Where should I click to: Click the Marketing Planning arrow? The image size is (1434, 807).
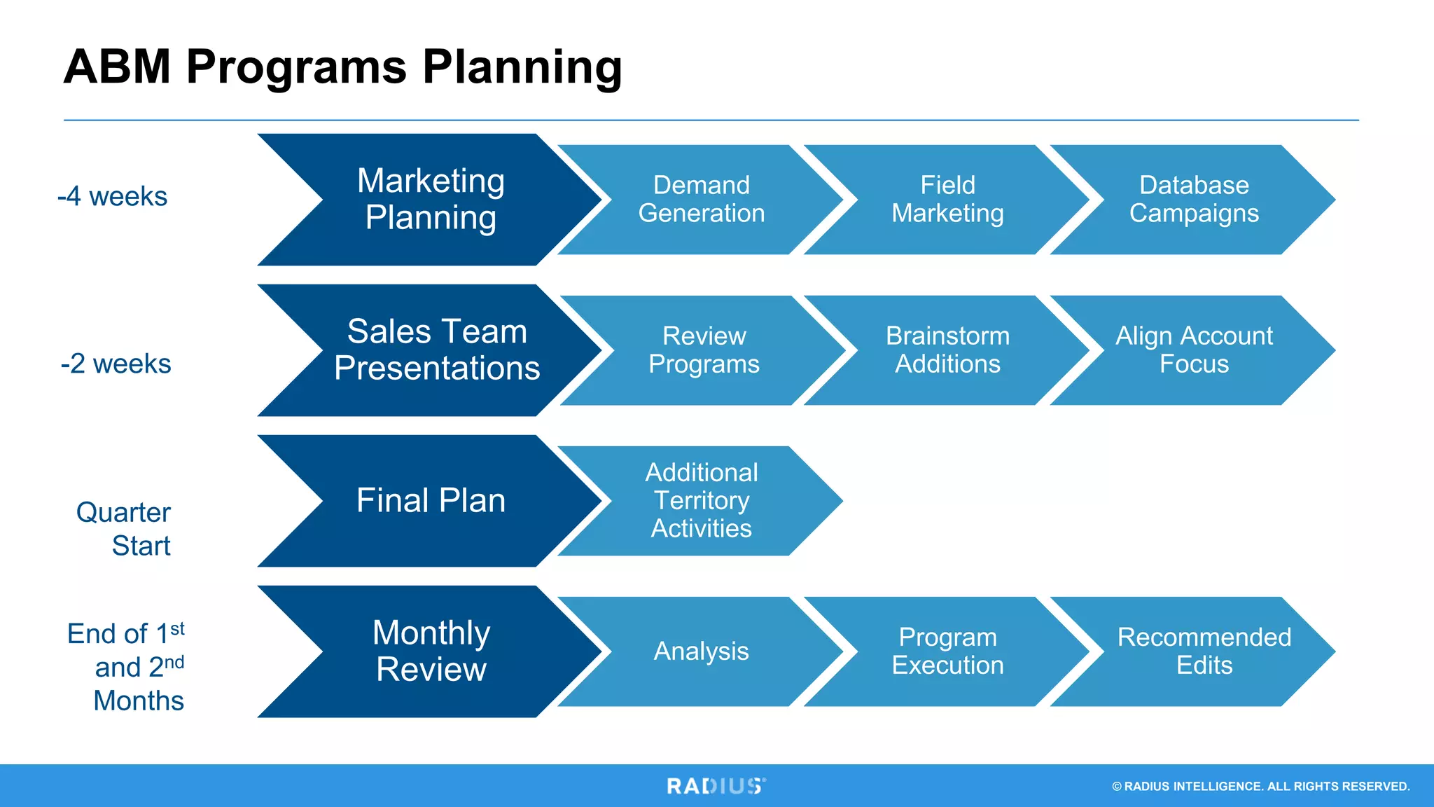431,200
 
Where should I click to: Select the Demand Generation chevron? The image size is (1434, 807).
702,200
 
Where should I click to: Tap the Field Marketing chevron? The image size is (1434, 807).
947,200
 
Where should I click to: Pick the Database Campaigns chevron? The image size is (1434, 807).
1194,200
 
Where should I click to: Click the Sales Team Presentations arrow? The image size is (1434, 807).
437,350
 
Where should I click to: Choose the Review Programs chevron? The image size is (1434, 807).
704,350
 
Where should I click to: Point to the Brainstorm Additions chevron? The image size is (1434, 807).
947,350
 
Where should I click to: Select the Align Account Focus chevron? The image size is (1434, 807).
1194,350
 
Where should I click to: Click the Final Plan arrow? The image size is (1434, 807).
431,501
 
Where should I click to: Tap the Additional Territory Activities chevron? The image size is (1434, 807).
702,501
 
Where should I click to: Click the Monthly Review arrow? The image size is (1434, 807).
431,651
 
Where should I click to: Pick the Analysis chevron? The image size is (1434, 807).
702,651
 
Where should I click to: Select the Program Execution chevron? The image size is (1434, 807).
947,651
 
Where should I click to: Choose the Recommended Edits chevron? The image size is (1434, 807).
1203,651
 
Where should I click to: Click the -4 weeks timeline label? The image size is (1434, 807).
113,197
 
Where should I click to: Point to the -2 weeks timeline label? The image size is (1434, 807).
116,364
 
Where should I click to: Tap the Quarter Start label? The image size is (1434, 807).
124,529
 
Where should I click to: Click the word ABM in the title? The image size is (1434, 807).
117,67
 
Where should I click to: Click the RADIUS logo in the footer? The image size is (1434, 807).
716,786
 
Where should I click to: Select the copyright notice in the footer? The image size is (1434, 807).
1260,787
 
